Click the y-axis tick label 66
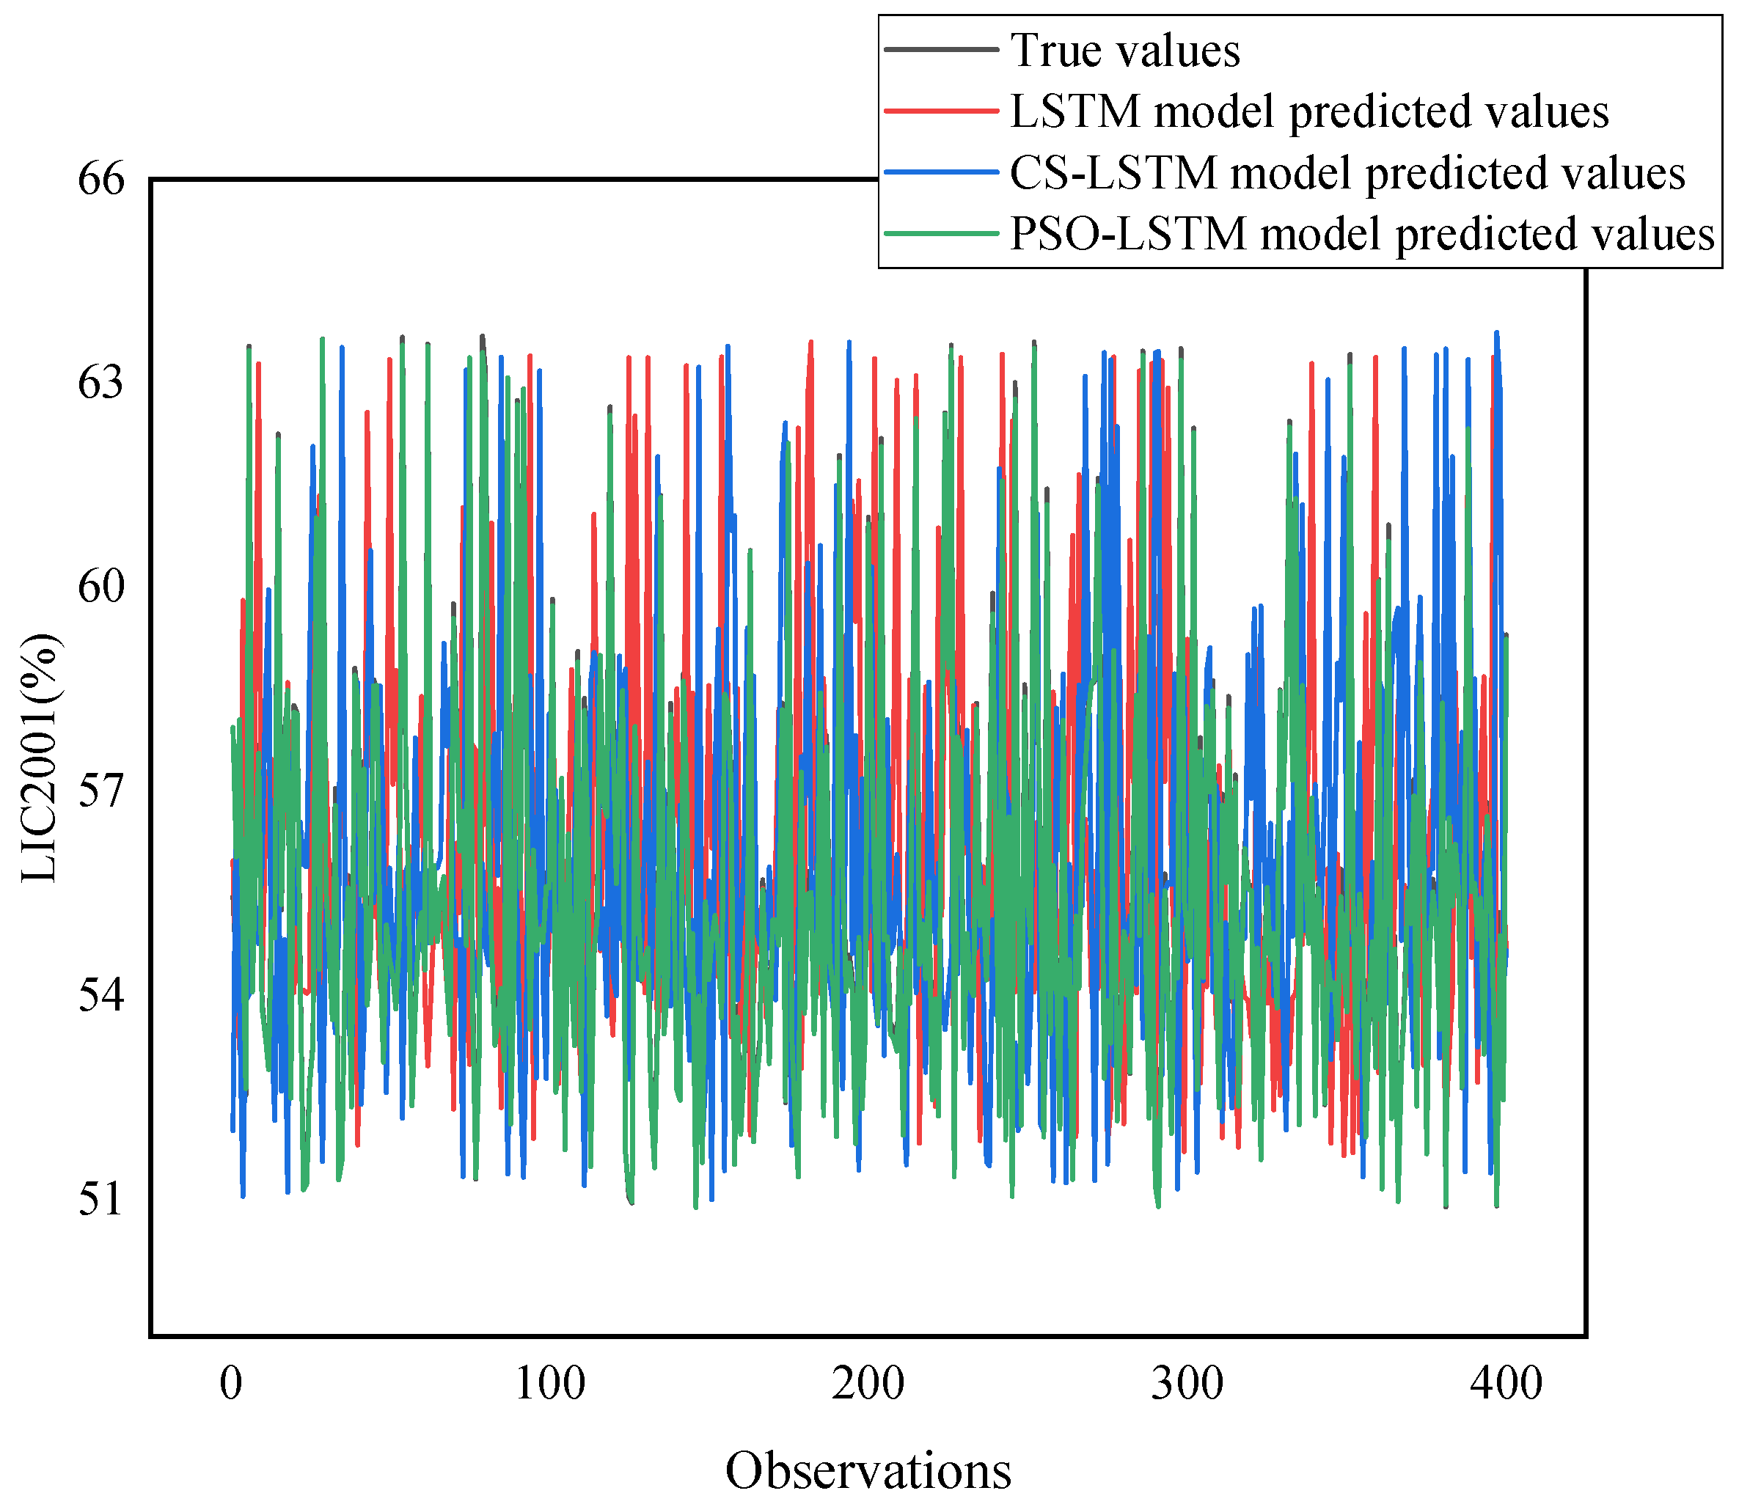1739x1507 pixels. pos(101,179)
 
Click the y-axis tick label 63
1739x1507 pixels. pos(101,384)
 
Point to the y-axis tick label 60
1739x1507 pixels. pos(101,587)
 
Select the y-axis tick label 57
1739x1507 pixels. pos(101,791)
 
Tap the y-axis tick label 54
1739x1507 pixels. pos(101,996)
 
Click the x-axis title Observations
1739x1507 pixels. pos(868,1471)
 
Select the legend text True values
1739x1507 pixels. pos(1125,51)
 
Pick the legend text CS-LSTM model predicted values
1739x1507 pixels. pos(1347,172)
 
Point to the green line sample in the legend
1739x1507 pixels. pos(942,234)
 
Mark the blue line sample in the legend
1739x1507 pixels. pos(942,172)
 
